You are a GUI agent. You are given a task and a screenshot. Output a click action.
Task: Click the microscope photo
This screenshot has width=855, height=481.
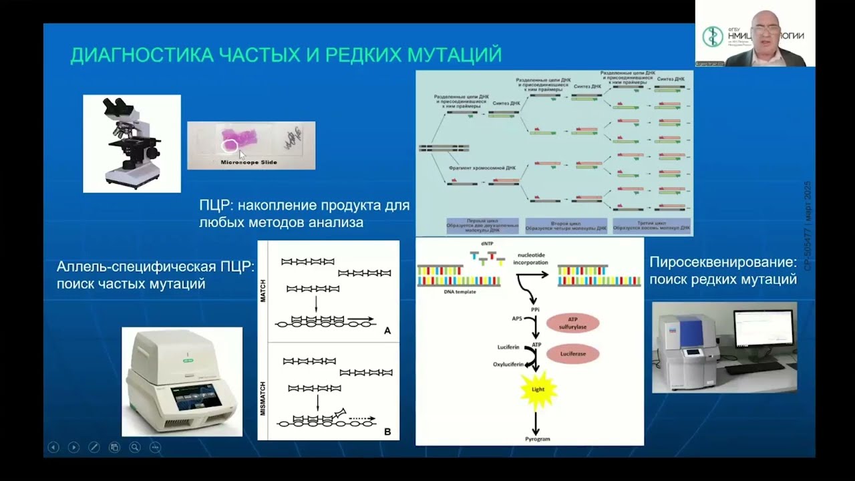132,143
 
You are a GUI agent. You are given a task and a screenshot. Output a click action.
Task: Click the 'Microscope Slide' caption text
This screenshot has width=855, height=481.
248,162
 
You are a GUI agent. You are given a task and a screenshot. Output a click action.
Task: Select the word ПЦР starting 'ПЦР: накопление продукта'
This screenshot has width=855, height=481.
214,205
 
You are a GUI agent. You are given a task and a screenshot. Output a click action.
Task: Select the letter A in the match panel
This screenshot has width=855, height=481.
387,331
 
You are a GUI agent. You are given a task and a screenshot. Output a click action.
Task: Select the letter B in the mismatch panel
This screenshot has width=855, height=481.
387,432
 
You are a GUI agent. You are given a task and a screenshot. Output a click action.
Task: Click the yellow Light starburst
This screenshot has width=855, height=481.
538,389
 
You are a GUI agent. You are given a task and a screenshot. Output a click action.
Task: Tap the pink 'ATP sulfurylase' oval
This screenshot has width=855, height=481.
572,323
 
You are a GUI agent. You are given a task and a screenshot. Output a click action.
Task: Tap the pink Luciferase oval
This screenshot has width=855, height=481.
572,353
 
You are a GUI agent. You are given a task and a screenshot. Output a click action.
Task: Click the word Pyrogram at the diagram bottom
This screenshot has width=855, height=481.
537,439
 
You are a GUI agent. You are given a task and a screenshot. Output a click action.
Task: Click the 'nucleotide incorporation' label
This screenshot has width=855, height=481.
531,259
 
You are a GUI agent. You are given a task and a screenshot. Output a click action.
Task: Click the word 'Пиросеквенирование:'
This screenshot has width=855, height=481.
723,262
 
